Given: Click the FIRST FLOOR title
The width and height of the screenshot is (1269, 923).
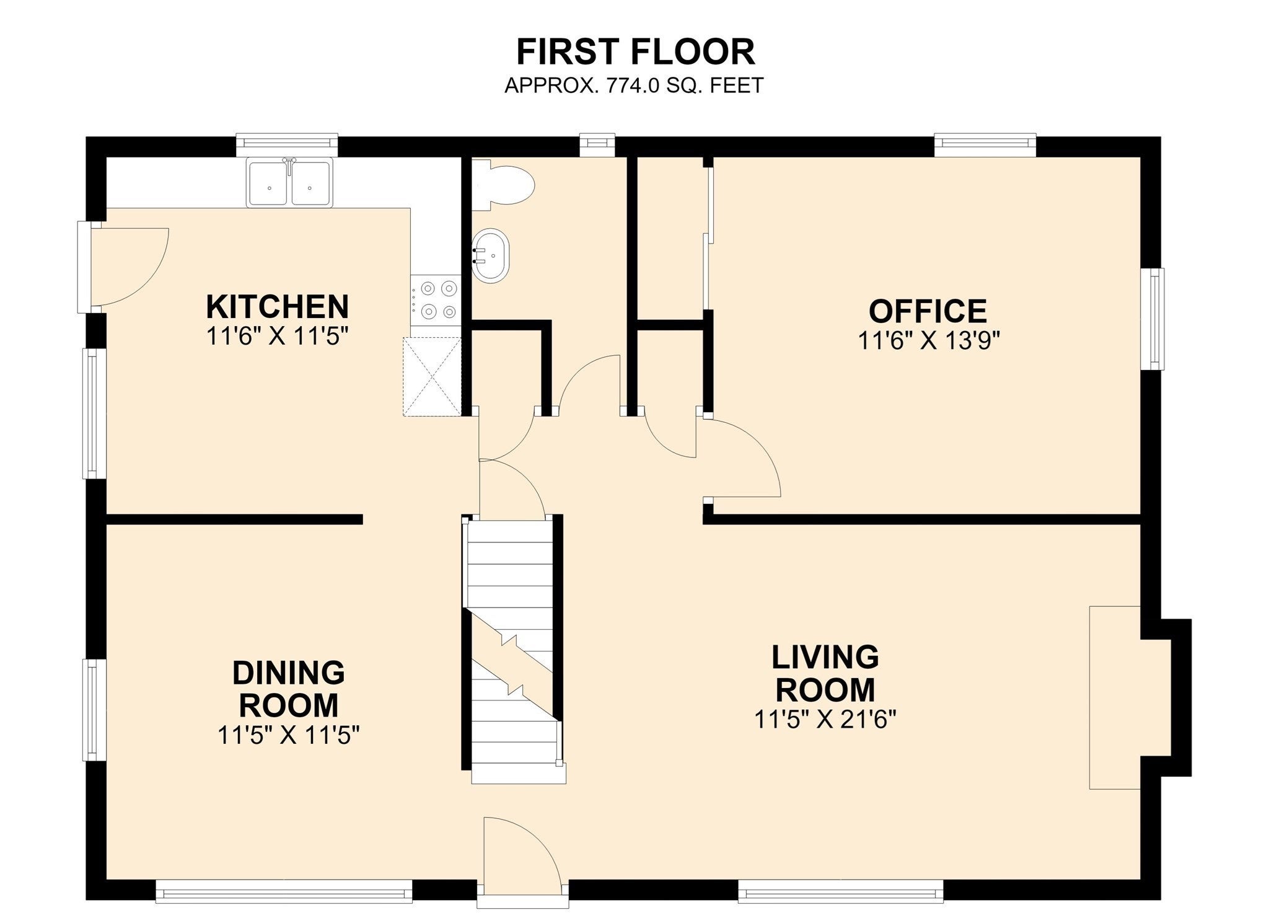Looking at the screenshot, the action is click(x=636, y=51).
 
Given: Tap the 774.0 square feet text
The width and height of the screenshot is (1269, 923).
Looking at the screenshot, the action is click(x=634, y=85).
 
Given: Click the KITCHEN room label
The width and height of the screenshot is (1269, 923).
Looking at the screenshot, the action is click(x=277, y=306).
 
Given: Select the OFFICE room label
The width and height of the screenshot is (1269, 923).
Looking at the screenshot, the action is click(x=928, y=311).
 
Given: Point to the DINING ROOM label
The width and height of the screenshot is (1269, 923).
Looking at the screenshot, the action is click(x=289, y=689).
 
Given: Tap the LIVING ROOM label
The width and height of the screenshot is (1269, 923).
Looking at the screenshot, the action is click(x=825, y=673).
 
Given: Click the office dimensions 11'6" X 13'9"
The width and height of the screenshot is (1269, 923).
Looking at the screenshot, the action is click(x=929, y=340).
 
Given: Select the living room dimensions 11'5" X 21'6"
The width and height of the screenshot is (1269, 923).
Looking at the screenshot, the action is click(x=825, y=720).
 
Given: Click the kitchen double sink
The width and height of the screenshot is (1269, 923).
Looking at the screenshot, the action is click(x=289, y=182).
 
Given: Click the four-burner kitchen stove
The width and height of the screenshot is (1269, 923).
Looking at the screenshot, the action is click(x=436, y=300).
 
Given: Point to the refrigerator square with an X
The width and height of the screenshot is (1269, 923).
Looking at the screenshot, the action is click(x=433, y=376).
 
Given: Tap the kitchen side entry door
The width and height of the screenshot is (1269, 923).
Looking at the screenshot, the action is click(x=124, y=267).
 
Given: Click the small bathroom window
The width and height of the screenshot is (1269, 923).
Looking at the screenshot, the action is click(x=597, y=145).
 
